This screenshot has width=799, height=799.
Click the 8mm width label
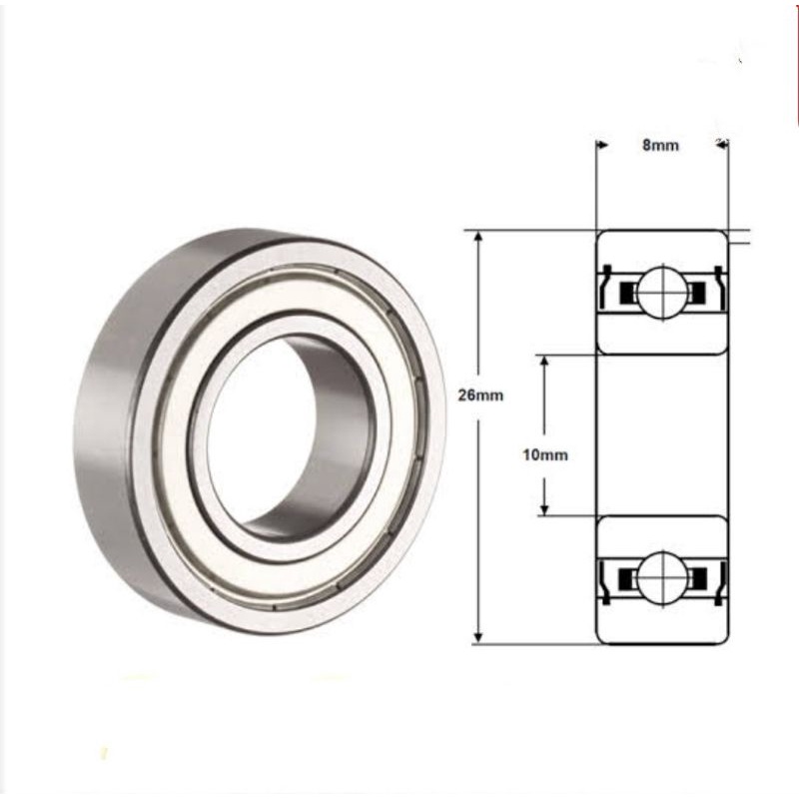tap(660, 145)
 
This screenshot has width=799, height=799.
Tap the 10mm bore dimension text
tap(545, 454)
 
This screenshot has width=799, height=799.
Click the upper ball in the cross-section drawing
tap(661, 292)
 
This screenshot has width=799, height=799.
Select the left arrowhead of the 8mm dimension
tap(602, 145)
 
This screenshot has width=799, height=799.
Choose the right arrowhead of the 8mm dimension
tap(722, 145)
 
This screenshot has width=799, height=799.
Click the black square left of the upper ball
tap(627, 292)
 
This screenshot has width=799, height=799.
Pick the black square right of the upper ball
tap(697, 292)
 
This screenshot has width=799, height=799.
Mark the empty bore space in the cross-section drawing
tap(661, 435)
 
